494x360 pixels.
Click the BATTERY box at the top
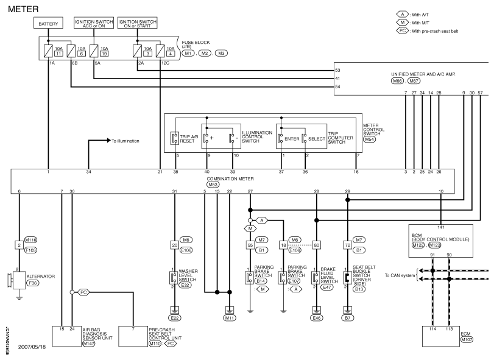[48, 23]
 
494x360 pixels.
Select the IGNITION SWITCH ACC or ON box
[94, 23]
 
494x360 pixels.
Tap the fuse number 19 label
[104, 54]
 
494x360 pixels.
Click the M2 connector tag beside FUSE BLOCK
[205, 53]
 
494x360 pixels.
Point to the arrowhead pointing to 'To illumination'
[109, 141]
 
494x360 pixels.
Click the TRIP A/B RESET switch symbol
[175, 138]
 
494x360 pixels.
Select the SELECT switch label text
[316, 139]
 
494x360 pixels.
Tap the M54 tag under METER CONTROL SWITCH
[369, 139]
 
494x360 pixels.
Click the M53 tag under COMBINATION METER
[213, 185]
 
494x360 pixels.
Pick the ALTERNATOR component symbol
[19, 280]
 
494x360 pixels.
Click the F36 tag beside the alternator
[32, 283]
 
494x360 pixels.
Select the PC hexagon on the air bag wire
[83, 292]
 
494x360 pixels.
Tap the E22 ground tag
[175, 318]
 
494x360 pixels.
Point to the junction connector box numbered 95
[250, 245]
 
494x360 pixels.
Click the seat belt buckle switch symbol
[347, 278]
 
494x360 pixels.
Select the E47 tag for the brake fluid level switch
[327, 287]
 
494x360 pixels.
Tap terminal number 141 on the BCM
[441, 227]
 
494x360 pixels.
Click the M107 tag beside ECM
[466, 339]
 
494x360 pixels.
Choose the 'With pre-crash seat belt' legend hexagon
[402, 31]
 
